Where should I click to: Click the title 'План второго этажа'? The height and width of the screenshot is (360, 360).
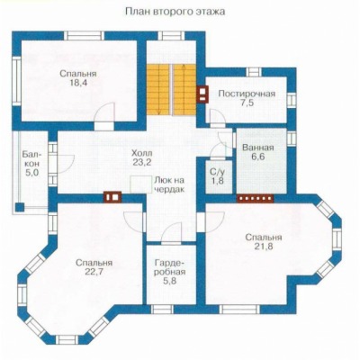coord(175,12)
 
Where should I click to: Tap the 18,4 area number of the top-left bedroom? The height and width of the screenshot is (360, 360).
coord(78,83)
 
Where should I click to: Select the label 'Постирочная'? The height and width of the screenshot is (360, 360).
coord(247,94)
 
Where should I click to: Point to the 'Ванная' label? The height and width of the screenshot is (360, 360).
coord(258,148)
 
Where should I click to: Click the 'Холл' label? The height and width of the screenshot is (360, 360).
coord(142,153)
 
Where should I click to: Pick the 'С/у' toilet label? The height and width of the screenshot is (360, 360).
coord(217,172)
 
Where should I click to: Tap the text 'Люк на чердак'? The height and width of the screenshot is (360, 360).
coord(169,185)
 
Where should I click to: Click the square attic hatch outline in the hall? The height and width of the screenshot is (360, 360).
coord(140,184)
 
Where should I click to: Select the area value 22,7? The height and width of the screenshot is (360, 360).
coord(94,272)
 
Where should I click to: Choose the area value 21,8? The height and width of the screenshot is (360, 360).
coord(264,247)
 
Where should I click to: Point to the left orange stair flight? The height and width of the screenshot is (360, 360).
coord(157,89)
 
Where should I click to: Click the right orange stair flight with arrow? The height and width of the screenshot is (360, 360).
coord(184,89)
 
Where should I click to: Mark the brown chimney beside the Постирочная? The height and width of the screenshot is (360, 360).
coord(202,94)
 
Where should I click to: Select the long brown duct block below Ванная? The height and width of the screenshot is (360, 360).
coord(255,198)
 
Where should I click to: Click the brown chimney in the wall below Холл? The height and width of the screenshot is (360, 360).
coord(112,197)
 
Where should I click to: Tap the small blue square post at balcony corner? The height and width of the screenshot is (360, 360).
coord(20,207)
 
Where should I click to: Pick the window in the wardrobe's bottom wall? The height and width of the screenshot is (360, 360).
coord(162,310)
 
